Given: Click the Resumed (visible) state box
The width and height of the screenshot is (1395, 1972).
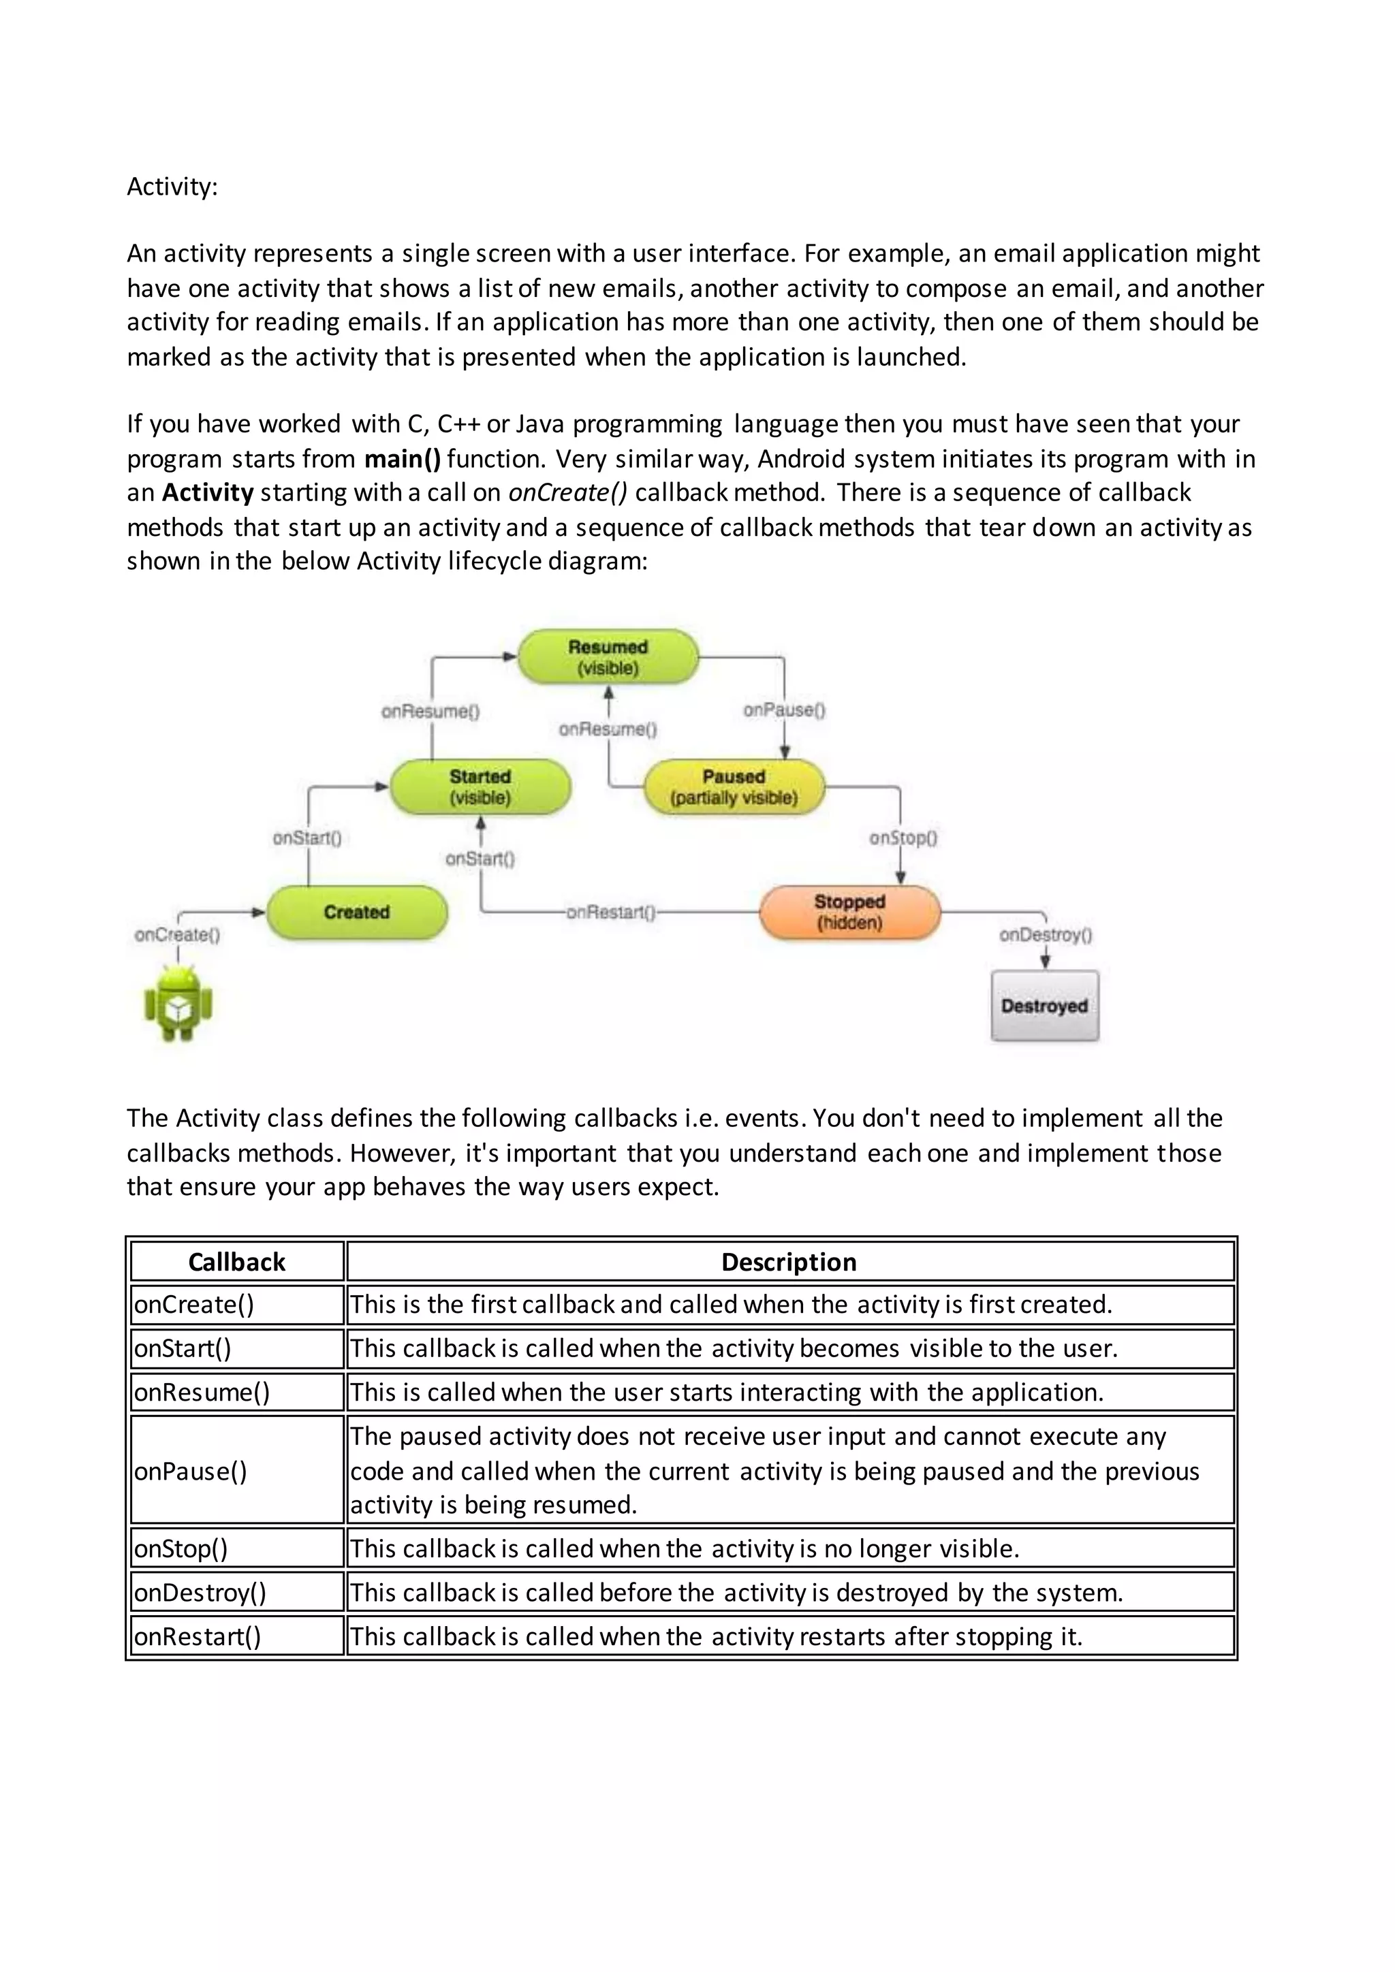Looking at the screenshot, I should [x=608, y=657].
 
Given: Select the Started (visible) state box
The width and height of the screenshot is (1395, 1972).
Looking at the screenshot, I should [x=480, y=786].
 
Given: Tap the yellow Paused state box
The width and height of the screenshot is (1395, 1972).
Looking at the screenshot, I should [x=734, y=786].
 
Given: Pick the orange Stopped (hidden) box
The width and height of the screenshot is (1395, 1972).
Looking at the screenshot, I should [x=849, y=912].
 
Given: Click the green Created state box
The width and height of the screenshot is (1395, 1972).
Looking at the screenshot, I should [x=356, y=912].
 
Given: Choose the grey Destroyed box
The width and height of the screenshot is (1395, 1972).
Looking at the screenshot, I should [x=1044, y=1006].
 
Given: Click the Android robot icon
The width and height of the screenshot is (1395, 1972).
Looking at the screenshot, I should [x=178, y=1002].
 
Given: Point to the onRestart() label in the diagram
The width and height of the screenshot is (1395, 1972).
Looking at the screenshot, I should [x=611, y=912].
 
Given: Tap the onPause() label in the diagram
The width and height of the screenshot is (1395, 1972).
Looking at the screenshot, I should [x=784, y=710].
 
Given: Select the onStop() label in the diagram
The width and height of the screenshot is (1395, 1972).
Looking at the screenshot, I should [x=903, y=838].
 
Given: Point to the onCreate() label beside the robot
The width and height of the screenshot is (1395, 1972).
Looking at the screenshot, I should [x=178, y=934].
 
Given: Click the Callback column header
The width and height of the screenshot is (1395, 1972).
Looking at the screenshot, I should [x=236, y=1262].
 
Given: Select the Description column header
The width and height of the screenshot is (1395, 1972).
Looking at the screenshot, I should [x=789, y=1262].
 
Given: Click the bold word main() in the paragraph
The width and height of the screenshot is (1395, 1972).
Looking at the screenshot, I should [x=402, y=459].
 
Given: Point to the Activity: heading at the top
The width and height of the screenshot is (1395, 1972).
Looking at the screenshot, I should [x=172, y=187].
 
